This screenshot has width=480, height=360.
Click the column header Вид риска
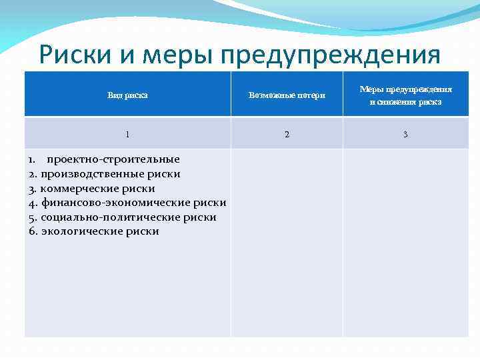[127, 95]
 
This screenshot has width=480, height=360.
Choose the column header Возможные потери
[287, 95]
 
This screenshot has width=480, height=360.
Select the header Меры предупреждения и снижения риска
[405, 95]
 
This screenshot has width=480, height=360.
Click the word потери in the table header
[309, 95]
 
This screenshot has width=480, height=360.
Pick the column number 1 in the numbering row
[127, 134]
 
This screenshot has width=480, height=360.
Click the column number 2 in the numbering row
[287, 134]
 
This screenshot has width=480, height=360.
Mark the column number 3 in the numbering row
[405, 134]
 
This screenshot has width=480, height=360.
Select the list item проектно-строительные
[112, 159]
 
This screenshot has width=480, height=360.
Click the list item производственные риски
[110, 174]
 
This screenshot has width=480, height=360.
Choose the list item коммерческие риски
[97, 189]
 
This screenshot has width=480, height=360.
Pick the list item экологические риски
[99, 231]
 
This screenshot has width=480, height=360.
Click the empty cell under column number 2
[287, 243]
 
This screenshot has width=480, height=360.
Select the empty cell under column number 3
[405, 243]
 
